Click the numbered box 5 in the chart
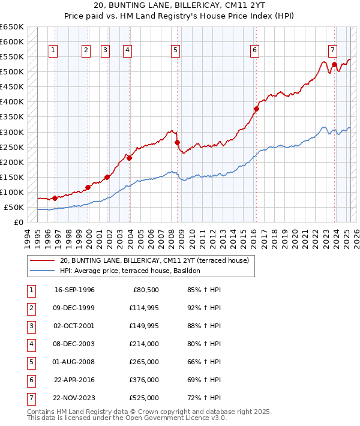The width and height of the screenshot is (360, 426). click(x=175, y=51)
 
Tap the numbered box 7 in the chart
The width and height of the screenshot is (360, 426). click(x=332, y=50)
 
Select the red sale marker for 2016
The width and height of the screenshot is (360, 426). click(x=256, y=109)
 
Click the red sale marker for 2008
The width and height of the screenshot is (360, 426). click(x=177, y=143)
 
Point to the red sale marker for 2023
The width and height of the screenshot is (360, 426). click(x=334, y=64)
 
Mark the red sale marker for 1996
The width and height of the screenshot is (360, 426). click(x=55, y=198)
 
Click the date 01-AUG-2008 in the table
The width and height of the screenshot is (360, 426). click(x=74, y=362)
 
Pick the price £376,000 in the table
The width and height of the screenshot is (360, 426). click(x=145, y=380)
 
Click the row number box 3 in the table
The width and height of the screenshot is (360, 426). click(x=31, y=326)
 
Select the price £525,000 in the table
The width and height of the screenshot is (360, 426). click(x=145, y=398)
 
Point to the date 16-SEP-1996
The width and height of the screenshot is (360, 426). click(x=74, y=290)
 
